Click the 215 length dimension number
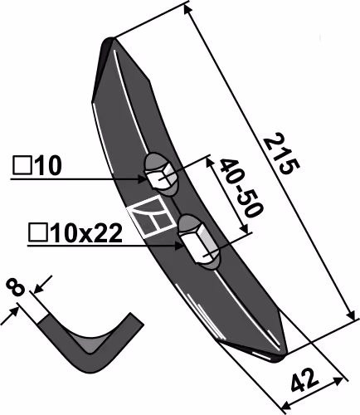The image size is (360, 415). click(281, 154)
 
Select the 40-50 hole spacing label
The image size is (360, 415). click(241, 188)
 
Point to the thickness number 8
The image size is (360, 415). click(15, 288)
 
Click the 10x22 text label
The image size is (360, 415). click(86, 233)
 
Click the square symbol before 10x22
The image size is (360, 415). click(38, 233)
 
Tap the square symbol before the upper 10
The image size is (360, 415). click(22, 165)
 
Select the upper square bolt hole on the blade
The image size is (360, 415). click(160, 175)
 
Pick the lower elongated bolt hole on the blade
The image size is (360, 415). click(199, 242)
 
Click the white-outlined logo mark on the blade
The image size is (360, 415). click(152, 217)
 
